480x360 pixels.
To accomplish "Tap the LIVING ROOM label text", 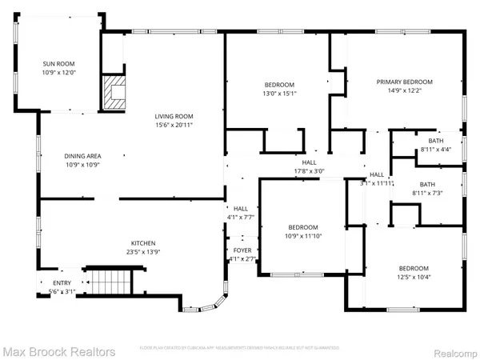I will (x=174, y=117).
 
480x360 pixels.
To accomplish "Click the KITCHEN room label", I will (x=144, y=243).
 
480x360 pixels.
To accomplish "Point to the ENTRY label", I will (x=61, y=283).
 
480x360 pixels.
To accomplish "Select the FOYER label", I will (x=242, y=250).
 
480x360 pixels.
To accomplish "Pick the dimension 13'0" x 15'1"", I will (x=280, y=93).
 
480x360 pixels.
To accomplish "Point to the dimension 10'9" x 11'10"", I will (x=302, y=234).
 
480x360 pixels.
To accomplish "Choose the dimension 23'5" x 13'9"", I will (x=144, y=251).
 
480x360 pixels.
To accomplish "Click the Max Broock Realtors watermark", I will (x=58, y=351).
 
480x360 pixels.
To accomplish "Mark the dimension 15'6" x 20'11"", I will (x=174, y=125).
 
